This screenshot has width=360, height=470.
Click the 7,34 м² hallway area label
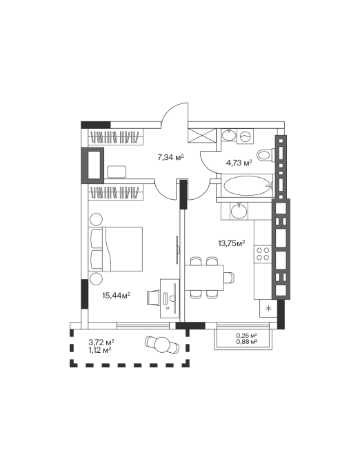[x=170, y=157]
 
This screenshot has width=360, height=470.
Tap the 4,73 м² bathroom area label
[x=239, y=163]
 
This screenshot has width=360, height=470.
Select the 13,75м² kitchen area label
[x=232, y=243]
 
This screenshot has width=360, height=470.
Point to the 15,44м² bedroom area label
[x=116, y=296]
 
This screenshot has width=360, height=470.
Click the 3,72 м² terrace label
[x=101, y=342]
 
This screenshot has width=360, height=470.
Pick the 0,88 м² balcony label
[x=247, y=341]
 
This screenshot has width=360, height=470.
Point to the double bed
[x=115, y=249]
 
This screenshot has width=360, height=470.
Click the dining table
[x=204, y=278]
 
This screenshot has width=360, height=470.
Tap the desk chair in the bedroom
[x=154, y=298]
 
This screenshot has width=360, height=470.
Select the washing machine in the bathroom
[x=246, y=136]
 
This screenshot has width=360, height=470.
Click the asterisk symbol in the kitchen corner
[x=269, y=308]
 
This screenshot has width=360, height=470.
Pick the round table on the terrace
[x=163, y=344]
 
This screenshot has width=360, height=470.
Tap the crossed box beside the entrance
[x=201, y=136]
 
